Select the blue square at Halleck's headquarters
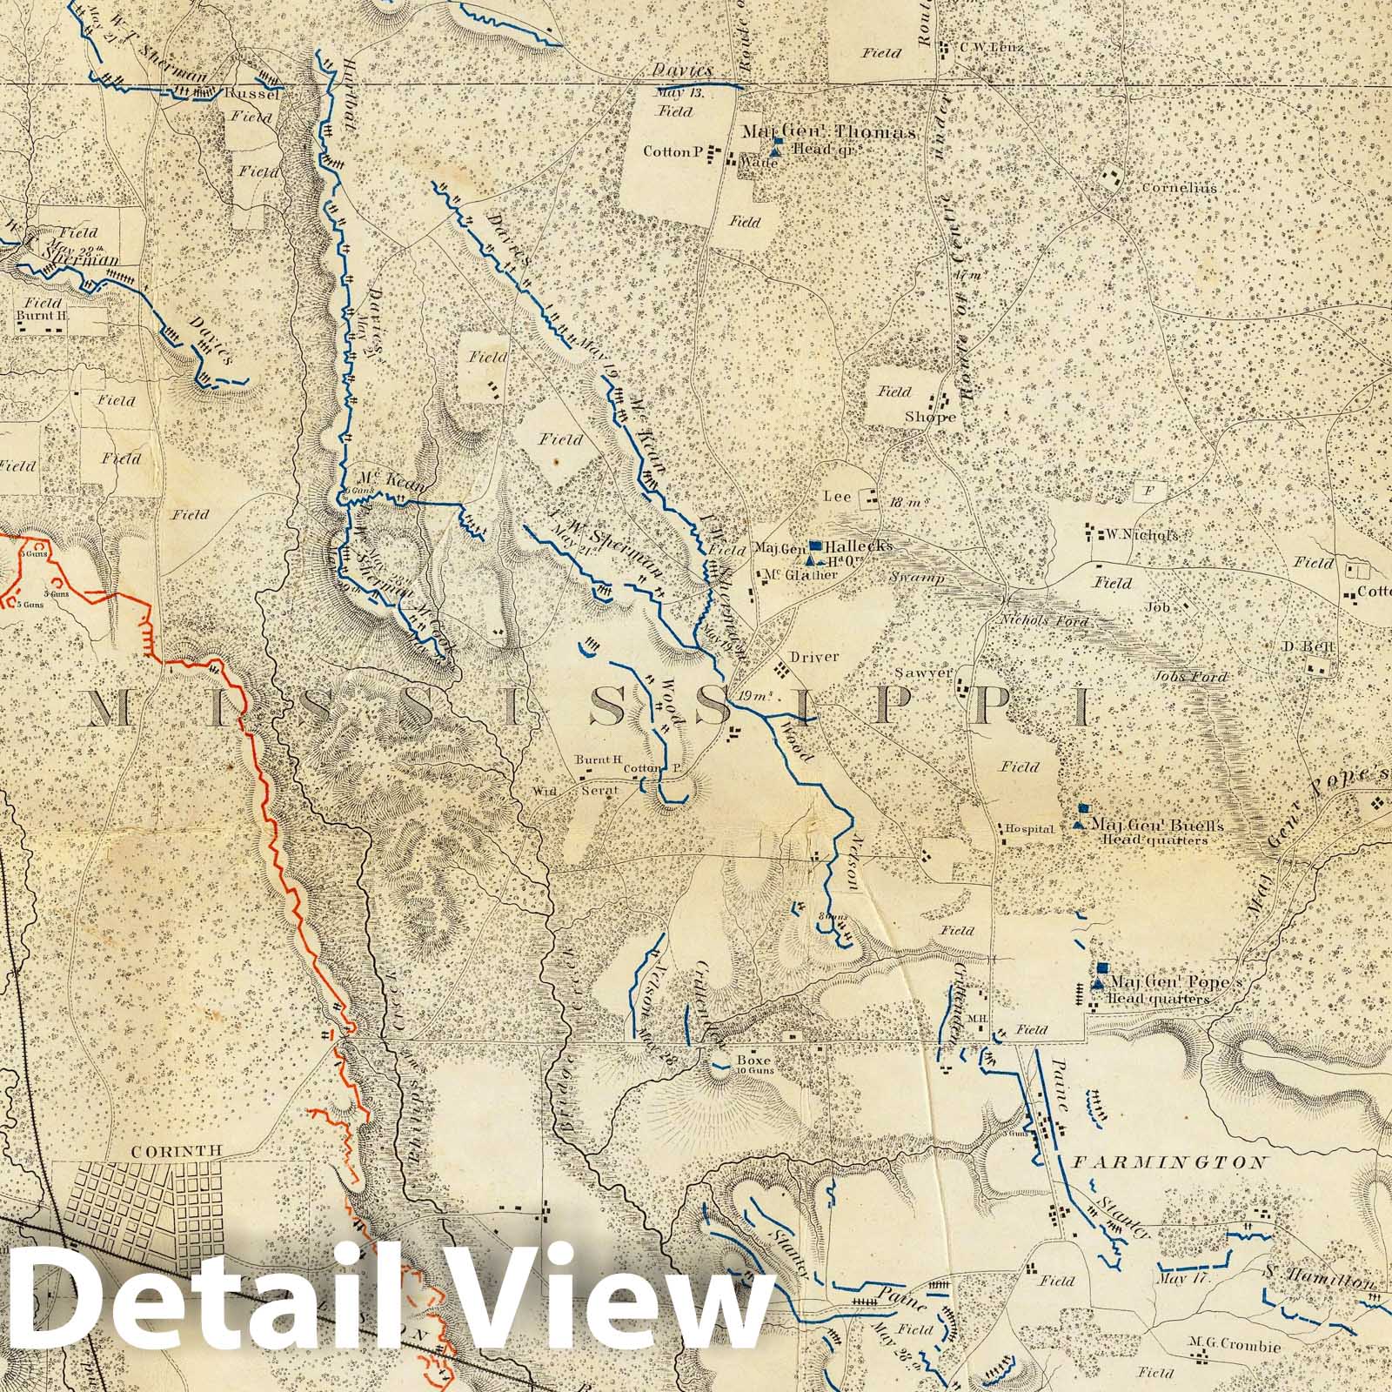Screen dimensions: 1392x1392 click(x=814, y=545)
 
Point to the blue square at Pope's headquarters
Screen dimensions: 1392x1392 click(x=1101, y=968)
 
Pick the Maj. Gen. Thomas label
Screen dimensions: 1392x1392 click(x=828, y=132)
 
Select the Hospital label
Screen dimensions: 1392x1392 click(x=1030, y=829)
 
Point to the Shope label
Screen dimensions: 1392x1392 click(x=929, y=417)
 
